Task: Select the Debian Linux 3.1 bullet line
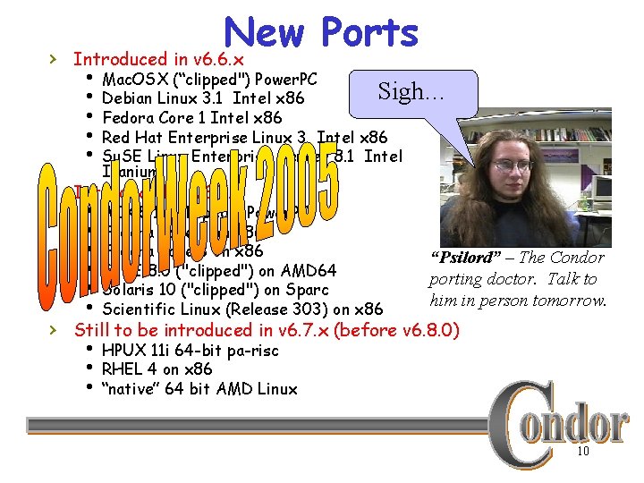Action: (x=203, y=97)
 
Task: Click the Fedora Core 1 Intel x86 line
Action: (x=191, y=117)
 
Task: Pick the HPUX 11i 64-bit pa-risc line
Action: (x=190, y=351)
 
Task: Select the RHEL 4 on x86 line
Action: (x=157, y=369)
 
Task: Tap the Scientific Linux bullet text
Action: (x=242, y=309)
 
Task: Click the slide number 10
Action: (x=582, y=453)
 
